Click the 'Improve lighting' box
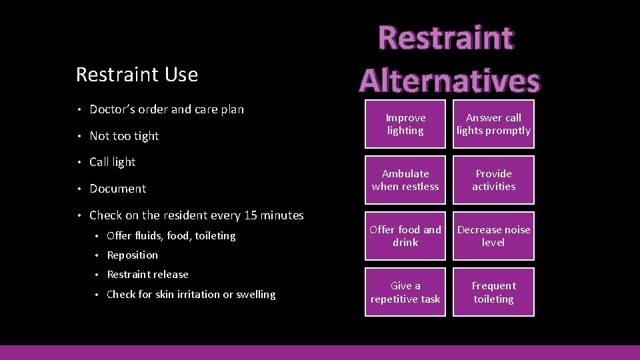tap(405, 125)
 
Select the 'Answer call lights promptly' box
tap(493, 125)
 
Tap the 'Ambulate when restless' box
tap(405, 181)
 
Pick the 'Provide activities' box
tap(493, 181)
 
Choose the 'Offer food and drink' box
tap(405, 237)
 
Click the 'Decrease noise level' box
tap(493, 237)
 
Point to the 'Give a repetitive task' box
tap(405, 293)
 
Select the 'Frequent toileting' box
tap(493, 293)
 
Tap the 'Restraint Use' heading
tap(137, 75)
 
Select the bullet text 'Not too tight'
tap(124, 136)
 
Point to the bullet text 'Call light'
tap(112, 162)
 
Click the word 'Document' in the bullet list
tap(117, 189)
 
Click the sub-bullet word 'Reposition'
tap(132, 255)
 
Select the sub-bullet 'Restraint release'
tap(147, 275)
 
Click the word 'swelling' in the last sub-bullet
tap(255, 295)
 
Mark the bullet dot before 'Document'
tap(79, 189)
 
